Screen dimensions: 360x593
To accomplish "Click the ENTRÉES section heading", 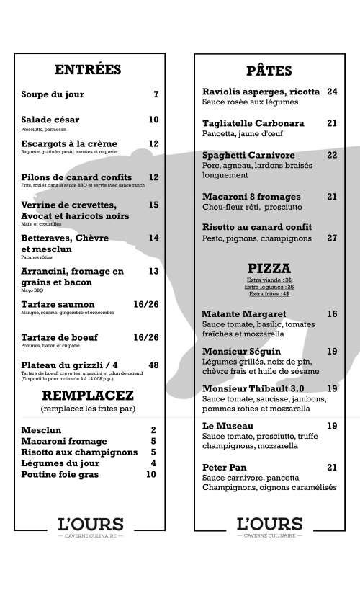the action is [88, 70].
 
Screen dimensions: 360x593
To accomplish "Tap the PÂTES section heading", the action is [269, 71].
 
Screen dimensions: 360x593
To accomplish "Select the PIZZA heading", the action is [269, 268].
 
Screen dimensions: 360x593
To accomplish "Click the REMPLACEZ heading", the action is [88, 395].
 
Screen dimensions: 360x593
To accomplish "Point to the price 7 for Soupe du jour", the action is [156, 94].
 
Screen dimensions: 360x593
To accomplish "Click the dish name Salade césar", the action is [50, 120].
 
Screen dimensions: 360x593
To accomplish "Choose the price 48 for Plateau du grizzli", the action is [153, 365].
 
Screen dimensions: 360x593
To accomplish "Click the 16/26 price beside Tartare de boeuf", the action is [146, 337].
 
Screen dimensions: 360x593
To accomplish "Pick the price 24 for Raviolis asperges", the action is [332, 92].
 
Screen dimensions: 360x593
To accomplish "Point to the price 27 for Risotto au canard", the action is [332, 238].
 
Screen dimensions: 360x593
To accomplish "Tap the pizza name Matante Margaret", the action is [244, 314].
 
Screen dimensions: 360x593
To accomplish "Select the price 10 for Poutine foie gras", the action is [151, 475].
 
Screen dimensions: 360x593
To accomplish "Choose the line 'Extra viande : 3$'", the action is [269, 280].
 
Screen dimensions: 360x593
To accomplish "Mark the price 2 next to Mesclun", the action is [153, 430].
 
